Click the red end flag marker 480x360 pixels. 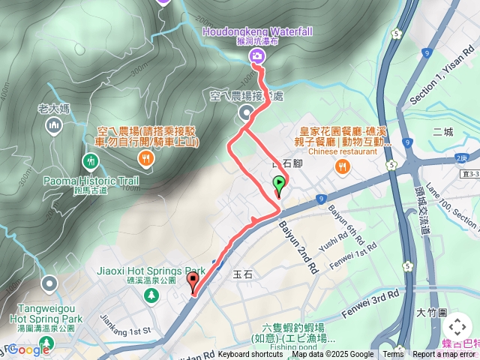coord(193,283)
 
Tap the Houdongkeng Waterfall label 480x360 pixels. coord(257,31)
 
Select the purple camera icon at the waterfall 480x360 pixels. coord(257,55)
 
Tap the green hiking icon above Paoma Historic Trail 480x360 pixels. coord(91,161)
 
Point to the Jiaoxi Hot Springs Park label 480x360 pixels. coord(151,271)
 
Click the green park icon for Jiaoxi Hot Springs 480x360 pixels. coord(151,295)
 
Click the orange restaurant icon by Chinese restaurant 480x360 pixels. coord(342,166)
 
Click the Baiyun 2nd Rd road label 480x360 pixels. coord(298,244)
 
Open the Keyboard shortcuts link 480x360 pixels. coord(250,355)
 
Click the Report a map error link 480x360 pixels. coord(444,355)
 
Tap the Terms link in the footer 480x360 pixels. coord(393,355)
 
